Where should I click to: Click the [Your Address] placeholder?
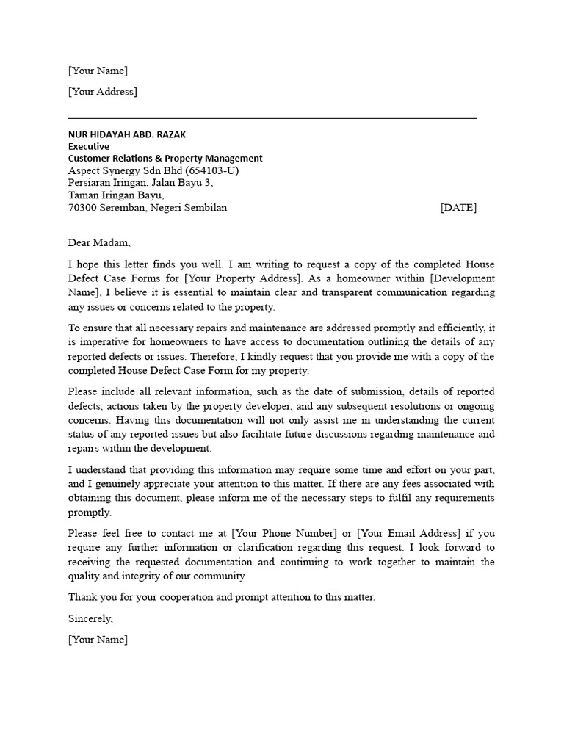pyautogui.click(x=102, y=92)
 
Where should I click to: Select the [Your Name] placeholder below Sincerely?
pyautogui.click(x=98, y=640)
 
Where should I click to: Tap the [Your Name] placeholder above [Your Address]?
pyautogui.click(x=98, y=70)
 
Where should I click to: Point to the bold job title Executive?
pyautogui.click(x=89, y=146)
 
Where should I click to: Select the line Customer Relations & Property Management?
pyautogui.click(x=165, y=158)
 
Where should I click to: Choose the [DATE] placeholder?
pyautogui.click(x=458, y=208)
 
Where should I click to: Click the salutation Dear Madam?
pyautogui.click(x=98, y=243)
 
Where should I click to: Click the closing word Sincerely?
pyautogui.click(x=90, y=618)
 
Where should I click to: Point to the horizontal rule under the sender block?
pyautogui.click(x=272, y=117)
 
